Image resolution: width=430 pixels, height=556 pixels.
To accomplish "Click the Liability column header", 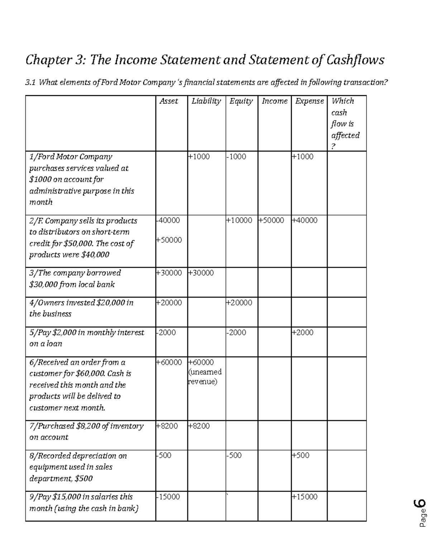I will tap(206, 101).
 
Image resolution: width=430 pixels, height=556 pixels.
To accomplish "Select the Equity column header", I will tap(241, 101).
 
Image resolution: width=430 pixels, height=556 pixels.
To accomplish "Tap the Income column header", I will tap(274, 101).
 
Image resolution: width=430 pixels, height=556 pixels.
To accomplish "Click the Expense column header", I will tap(309, 101).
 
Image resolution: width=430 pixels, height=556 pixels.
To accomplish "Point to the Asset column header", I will tap(169, 101).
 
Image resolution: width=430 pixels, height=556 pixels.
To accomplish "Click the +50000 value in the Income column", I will tap(271, 221).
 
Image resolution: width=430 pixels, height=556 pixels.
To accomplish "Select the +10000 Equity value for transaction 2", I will tap(239, 221).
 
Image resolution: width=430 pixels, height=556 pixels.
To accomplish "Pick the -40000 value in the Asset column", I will tap(168, 221).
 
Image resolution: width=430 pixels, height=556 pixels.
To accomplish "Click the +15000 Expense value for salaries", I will tap(305, 497).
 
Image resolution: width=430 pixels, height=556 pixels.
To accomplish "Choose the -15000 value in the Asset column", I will tap(168, 497).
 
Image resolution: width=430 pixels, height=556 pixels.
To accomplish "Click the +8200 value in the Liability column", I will tap(199, 426).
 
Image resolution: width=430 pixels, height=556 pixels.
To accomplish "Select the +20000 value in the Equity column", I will tap(239, 303).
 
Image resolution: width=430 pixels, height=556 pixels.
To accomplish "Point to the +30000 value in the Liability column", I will tap(201, 273).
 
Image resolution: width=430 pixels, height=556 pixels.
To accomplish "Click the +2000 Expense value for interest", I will tap(303, 333).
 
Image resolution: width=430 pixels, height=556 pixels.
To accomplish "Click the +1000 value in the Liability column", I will tap(199, 157).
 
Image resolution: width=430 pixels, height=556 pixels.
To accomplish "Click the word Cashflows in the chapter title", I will tap(355, 60).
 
